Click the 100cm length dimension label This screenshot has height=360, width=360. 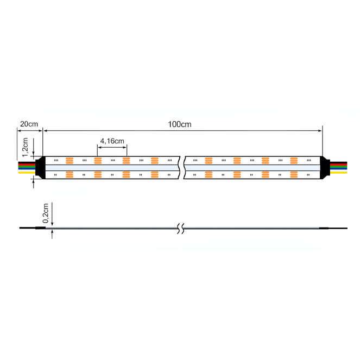180,124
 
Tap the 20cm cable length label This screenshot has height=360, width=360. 29,124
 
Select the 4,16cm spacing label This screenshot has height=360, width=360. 112,141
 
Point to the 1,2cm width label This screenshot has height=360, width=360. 25,147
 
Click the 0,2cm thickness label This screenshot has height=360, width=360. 46,213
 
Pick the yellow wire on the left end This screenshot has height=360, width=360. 27,173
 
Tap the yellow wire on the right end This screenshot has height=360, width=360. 339,173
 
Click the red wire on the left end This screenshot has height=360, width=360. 27,165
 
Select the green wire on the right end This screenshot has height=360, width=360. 339,167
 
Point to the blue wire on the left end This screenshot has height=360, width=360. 27,169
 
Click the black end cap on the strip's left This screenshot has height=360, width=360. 40,168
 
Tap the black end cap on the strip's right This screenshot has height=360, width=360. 325,168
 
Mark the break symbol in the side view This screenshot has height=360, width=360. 181,229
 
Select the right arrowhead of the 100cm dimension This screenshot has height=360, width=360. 320,131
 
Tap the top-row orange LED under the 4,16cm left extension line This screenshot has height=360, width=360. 98,161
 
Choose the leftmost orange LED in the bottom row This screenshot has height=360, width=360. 70,175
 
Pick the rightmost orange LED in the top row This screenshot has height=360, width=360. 294,161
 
